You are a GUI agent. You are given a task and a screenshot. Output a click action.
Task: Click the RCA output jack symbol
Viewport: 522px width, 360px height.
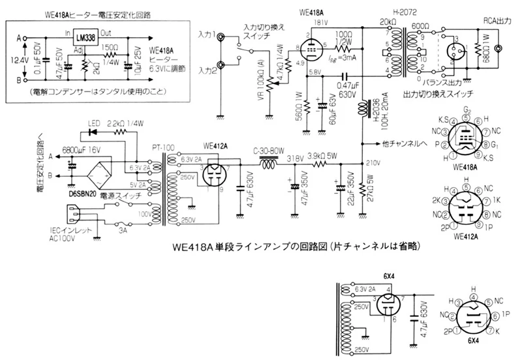tap(499, 49)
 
